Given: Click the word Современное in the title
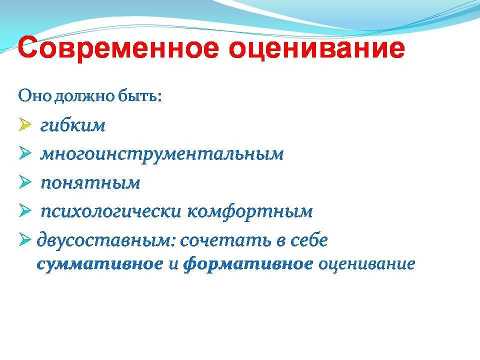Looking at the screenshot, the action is [118, 48].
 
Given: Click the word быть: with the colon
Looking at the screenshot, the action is [139, 96].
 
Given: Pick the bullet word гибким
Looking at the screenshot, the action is [72, 125].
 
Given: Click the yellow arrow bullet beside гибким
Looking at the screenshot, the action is [25, 124].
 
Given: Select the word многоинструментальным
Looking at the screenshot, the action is [162, 154].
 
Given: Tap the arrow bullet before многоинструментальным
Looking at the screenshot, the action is [25, 153].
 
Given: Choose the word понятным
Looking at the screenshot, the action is [90, 183].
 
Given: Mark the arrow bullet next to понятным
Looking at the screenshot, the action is [25, 182].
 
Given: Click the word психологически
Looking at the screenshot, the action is [111, 211].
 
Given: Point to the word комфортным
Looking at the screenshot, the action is [250, 211].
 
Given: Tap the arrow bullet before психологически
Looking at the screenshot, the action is [25, 210].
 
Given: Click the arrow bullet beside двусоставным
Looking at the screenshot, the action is [25, 239].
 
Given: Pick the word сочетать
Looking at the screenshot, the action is [226, 240].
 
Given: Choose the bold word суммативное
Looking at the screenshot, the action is [100, 264].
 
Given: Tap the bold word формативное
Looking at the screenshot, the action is [248, 264].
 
